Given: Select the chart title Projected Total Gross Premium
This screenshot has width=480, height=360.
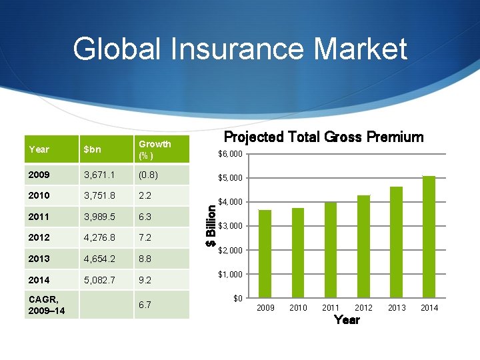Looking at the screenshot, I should tap(323, 137).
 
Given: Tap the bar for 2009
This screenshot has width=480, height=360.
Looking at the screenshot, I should tap(265, 253).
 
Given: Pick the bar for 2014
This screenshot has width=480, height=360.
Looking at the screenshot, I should tap(429, 237).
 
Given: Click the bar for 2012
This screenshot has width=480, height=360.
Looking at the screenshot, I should tap(363, 246).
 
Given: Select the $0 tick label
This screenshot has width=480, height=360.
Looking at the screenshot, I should tap(238, 298).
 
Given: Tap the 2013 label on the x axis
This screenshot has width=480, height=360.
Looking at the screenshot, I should tap(396, 308).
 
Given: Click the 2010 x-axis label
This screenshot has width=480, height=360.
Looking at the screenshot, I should tap(298, 308).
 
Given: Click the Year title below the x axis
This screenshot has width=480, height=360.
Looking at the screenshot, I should tap(347, 320).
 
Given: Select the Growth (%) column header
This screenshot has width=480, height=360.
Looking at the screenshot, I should tap(155, 149).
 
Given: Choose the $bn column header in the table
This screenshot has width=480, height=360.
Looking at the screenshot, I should tap(92, 150).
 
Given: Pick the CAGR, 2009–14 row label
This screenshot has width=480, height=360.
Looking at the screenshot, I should tap(47, 305).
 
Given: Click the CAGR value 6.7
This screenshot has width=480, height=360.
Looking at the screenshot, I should tap(145, 305).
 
